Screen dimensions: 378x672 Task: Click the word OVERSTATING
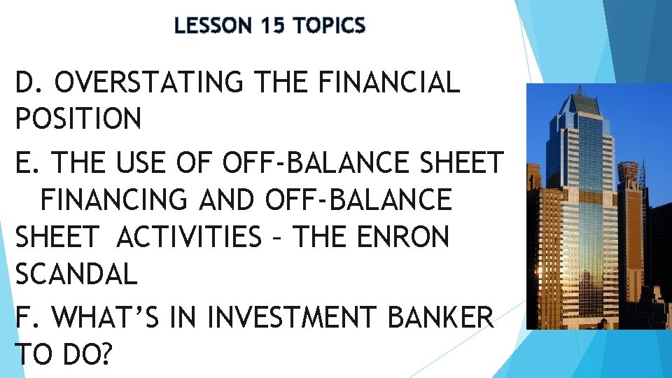[149, 83]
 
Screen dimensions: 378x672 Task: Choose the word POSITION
[78, 119]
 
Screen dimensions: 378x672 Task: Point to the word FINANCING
[114, 201]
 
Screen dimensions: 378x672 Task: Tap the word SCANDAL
[76, 274]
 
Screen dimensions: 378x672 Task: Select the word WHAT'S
[117, 318]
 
